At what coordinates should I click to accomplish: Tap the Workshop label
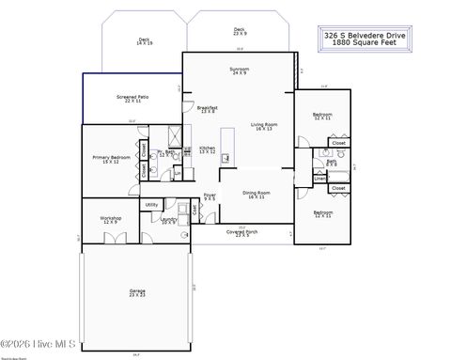[111, 220]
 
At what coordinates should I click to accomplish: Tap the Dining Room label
[257, 195]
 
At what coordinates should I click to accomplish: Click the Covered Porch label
[248, 232]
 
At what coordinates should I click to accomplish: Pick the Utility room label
[151, 204]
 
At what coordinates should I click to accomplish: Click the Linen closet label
[319, 176]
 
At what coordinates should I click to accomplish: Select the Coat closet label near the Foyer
[194, 210]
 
